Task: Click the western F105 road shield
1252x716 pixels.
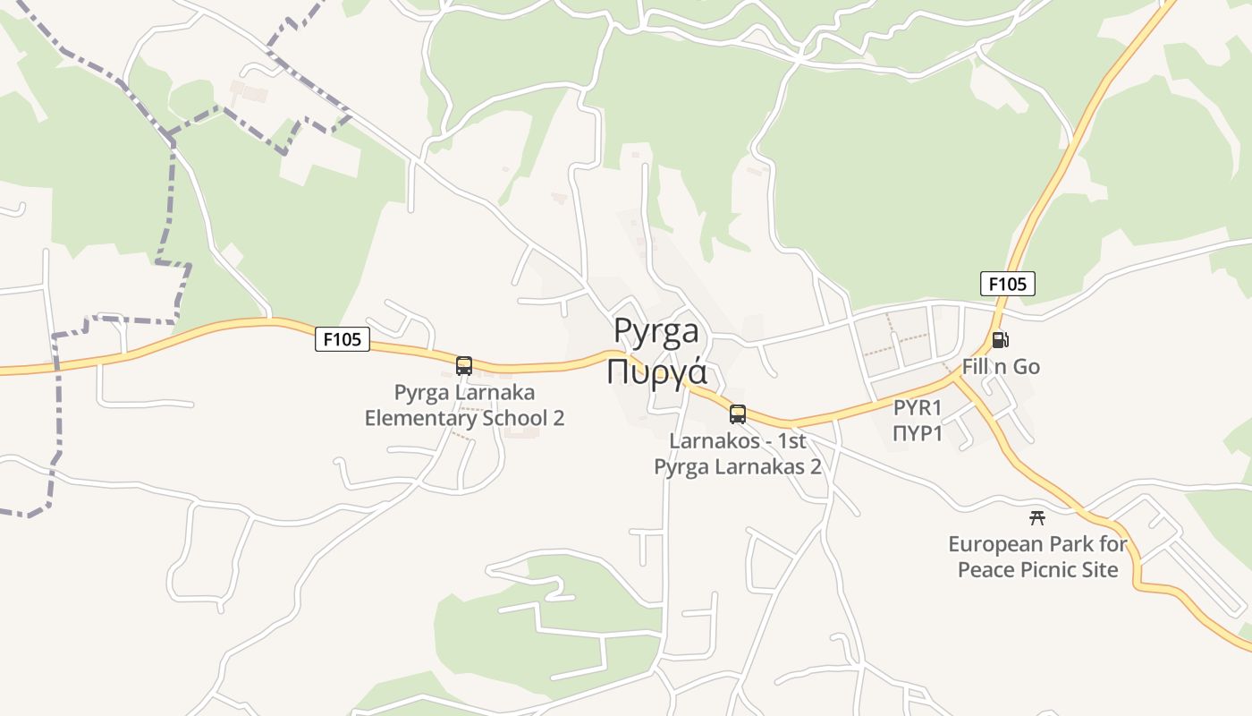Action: coord(342,339)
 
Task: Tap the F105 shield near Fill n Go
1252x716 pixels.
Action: coord(1008,284)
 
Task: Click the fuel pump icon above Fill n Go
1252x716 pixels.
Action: coord(1000,340)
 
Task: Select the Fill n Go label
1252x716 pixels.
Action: coord(1001,367)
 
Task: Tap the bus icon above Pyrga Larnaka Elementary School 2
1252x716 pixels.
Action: coord(464,365)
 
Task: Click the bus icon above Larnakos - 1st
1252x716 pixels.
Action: coord(738,414)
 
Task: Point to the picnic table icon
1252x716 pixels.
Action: coord(1037,517)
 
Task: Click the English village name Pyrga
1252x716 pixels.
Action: coord(656,331)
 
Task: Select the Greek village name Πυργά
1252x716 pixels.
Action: coord(656,371)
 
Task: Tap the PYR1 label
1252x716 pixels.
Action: coord(918,409)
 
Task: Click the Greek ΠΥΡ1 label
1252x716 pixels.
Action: coord(918,434)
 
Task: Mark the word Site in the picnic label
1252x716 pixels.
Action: coord(1099,570)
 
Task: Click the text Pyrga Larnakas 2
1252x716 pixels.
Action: coord(738,466)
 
